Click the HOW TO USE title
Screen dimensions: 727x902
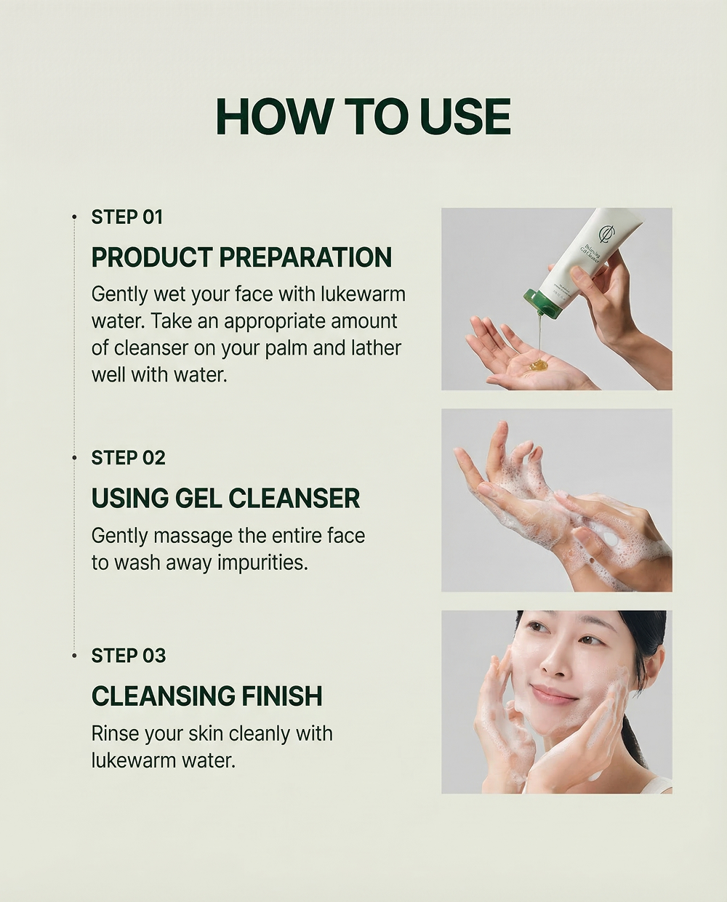pos(363,116)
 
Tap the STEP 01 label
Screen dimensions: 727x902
pos(127,217)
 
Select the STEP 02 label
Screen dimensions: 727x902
pos(128,458)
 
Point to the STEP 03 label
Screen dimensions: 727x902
pos(129,656)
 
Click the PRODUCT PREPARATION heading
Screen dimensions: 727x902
pos(241,257)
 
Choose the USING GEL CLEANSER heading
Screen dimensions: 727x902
pos(225,498)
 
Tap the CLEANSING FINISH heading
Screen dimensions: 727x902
pos(206,696)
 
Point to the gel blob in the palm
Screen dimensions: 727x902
pos(537,366)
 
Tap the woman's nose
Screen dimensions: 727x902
pos(553,667)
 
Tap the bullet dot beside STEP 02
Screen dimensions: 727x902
pos(75,458)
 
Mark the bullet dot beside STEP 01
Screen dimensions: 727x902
pos(75,217)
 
